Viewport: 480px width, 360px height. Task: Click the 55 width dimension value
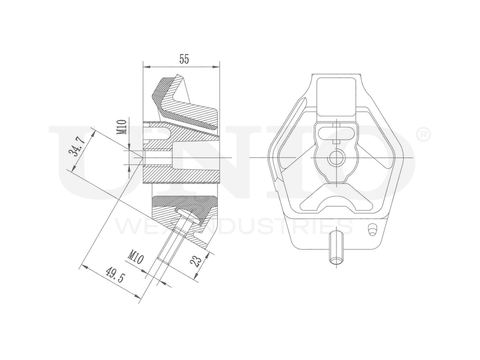coord(184,59)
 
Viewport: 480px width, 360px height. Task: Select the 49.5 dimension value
coord(113,279)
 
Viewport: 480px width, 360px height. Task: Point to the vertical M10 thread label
coord(122,127)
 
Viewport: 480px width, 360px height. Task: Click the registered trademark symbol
coord(423,136)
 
